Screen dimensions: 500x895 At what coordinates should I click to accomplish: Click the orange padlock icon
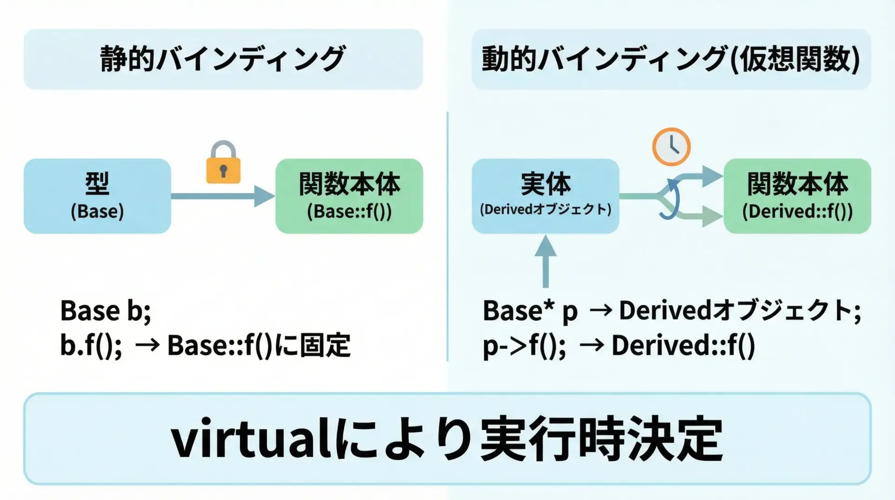click(223, 163)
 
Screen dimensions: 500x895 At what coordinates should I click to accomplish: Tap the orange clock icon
click(671, 146)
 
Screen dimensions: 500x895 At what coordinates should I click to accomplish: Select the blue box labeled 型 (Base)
click(97, 196)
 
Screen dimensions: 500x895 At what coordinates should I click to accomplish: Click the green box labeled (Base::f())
click(349, 196)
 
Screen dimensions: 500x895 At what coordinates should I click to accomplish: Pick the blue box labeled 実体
click(545, 196)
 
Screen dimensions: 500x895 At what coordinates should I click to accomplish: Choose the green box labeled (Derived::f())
click(797, 196)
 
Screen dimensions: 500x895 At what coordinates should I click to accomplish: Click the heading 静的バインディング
click(223, 59)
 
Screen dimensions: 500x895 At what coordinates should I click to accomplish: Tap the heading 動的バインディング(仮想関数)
click(671, 59)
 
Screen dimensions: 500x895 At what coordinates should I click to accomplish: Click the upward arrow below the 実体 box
click(545, 261)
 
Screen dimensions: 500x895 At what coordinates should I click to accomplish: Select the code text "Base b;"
click(106, 311)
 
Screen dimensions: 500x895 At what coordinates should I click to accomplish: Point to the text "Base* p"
click(530, 312)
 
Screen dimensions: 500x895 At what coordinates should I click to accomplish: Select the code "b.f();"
click(91, 346)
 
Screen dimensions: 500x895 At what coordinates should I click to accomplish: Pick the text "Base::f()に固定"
click(259, 346)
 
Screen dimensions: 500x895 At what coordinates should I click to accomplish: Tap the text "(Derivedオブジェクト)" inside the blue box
click(545, 209)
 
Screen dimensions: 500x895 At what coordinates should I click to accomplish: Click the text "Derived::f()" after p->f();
click(683, 346)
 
